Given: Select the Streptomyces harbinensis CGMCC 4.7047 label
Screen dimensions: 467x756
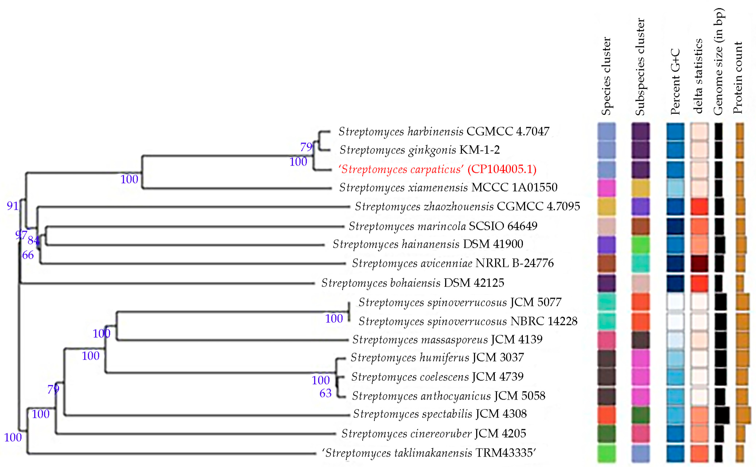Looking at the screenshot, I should [x=444, y=132].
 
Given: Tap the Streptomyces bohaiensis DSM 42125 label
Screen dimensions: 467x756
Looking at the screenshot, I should [x=412, y=283].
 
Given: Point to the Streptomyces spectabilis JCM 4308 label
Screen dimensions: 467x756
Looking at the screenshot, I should [x=440, y=414].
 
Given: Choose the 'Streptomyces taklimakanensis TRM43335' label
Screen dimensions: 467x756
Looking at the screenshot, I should [x=429, y=453].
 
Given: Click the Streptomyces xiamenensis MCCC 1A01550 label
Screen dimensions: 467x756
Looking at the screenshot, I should [x=448, y=188].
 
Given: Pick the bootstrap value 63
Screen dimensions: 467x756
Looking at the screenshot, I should [x=325, y=393].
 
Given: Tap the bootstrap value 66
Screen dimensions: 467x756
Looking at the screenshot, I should [x=28, y=255].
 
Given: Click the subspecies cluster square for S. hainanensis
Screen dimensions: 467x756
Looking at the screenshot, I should [x=640, y=245].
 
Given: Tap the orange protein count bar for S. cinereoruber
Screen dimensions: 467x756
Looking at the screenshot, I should [x=740, y=434].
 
